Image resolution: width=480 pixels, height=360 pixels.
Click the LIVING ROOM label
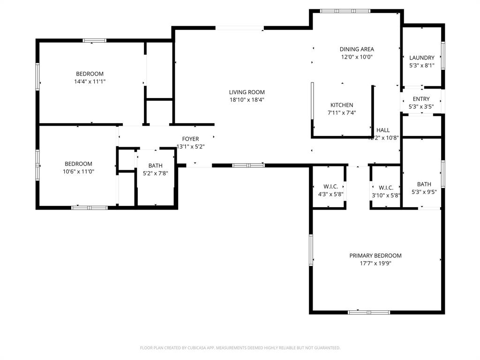pyautogui.click(x=247, y=92)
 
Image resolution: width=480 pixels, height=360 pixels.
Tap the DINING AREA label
pyautogui.click(x=357, y=49)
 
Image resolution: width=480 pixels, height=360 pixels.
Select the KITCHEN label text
pyautogui.click(x=342, y=105)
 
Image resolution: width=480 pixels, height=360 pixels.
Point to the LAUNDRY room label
pyautogui.click(x=422, y=58)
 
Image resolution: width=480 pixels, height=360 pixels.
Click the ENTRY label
pyautogui.click(x=421, y=99)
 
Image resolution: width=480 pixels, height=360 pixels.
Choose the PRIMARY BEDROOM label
pyautogui.click(x=375, y=255)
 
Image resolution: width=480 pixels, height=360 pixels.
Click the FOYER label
pyautogui.click(x=190, y=139)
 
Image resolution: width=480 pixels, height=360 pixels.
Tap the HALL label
pyautogui.click(x=382, y=130)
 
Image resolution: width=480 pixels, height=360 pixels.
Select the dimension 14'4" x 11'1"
pyautogui.click(x=90, y=82)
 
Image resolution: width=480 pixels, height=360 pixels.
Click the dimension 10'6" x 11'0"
pyautogui.click(x=78, y=172)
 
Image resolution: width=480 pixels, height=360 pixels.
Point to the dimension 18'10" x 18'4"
pyautogui.click(x=247, y=100)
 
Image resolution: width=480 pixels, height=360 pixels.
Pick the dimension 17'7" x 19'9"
pyautogui.click(x=375, y=263)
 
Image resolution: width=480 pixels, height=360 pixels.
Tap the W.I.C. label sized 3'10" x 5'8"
pyautogui.click(x=386, y=187)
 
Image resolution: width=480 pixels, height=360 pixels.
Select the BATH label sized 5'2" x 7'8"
pyautogui.click(x=155, y=165)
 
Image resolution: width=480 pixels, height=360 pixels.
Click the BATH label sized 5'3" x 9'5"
pyautogui.click(x=424, y=184)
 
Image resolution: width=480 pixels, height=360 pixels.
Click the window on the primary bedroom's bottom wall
pyautogui.click(x=368, y=312)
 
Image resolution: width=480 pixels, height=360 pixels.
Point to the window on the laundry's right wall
pyautogui.click(x=442, y=56)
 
